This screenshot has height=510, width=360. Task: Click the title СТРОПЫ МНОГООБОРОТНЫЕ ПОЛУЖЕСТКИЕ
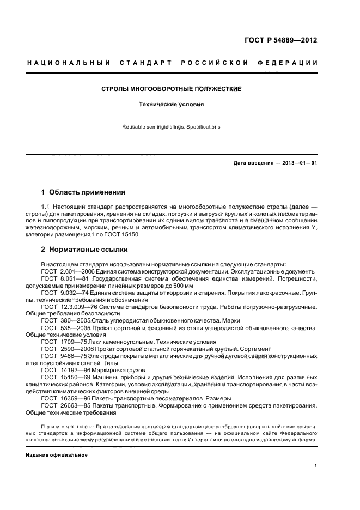[x=172, y=88]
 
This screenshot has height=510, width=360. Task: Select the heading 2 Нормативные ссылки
[x=85, y=250]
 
